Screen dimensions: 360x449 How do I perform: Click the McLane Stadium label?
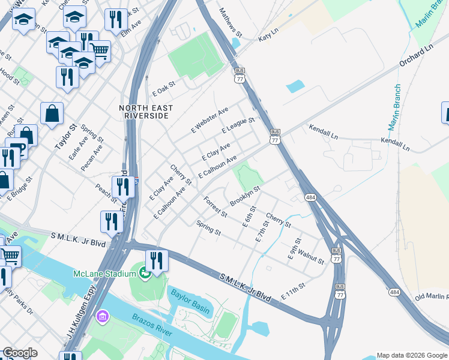click(104, 274)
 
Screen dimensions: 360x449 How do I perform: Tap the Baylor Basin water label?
click(191, 299)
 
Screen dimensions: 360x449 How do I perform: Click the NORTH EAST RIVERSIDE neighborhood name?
click(146, 112)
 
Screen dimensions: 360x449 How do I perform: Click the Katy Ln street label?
click(269, 38)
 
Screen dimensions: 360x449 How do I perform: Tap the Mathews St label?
click(230, 22)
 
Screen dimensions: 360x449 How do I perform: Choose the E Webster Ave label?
click(209, 120)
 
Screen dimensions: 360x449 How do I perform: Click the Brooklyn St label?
click(245, 196)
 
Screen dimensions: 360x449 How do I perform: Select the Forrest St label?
click(215, 207)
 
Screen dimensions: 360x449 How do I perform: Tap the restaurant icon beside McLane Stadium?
click(157, 261)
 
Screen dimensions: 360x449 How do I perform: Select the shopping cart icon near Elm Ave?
click(100, 51)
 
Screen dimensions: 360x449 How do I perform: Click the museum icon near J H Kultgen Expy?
click(103, 316)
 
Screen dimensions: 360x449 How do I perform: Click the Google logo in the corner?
click(20, 353)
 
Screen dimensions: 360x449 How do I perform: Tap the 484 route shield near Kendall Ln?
click(310, 197)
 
